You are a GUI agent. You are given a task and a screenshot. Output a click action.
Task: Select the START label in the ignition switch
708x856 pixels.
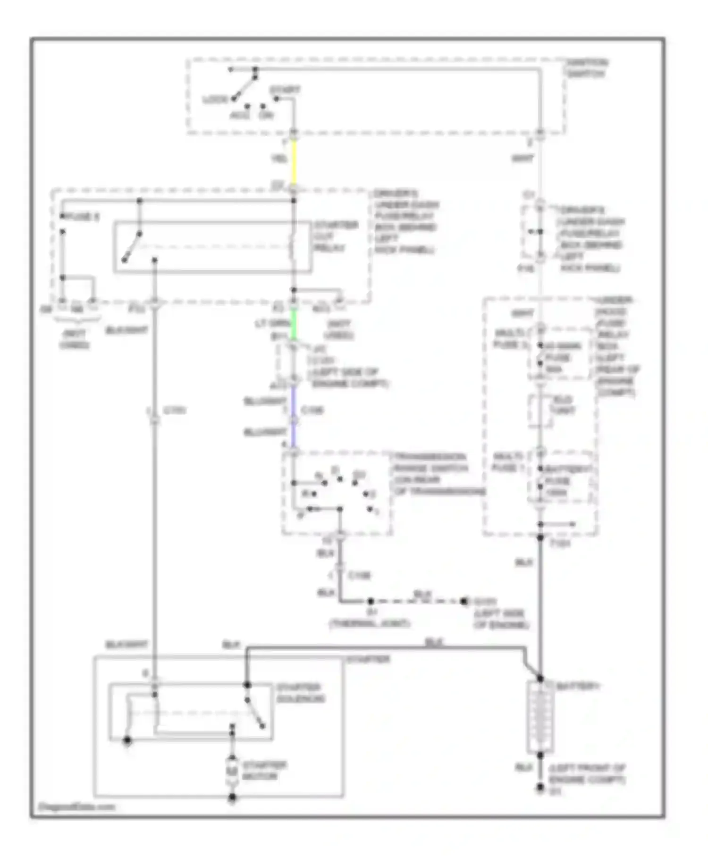click(x=285, y=90)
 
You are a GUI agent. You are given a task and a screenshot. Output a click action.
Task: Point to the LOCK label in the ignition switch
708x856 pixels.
click(x=215, y=100)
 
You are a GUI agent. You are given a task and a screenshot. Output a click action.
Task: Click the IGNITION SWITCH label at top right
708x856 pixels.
click(x=587, y=68)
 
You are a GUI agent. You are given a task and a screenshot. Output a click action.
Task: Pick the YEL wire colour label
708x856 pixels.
click(x=279, y=159)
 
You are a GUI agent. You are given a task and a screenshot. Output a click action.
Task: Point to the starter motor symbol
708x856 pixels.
click(x=232, y=770)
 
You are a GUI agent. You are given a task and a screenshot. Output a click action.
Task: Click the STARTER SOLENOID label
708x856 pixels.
click(x=299, y=692)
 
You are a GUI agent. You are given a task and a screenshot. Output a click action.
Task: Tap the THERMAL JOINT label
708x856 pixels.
click(x=369, y=623)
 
